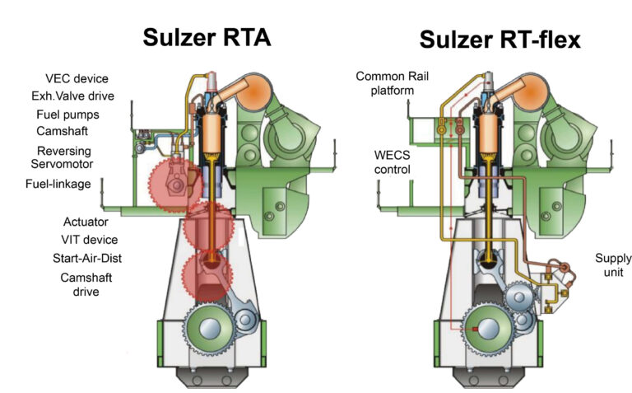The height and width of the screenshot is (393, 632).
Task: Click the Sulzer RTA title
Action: (207, 38)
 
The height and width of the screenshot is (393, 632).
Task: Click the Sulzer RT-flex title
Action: (500, 40)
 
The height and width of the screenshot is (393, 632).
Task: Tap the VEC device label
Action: (77, 78)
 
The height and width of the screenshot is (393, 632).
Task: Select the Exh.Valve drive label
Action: (73, 96)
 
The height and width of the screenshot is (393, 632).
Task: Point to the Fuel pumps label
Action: (67, 115)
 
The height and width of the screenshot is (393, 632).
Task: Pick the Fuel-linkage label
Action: (58, 184)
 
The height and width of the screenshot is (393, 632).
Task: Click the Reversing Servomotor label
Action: (62, 157)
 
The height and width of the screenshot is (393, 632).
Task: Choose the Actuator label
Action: (86, 222)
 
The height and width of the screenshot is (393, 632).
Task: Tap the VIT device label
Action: (90, 240)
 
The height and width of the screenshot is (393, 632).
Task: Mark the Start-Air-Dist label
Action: (87, 258)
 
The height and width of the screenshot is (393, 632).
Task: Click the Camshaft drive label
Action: (86, 284)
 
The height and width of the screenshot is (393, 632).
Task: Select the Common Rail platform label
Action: (393, 83)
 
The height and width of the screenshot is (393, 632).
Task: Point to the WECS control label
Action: (393, 162)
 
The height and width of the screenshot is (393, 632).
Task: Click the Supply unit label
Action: (613, 265)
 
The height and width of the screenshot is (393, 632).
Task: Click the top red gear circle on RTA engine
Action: (176, 185)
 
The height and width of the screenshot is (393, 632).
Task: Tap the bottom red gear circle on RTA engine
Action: (207, 276)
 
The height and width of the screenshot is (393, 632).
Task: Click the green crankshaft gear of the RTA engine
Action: (210, 329)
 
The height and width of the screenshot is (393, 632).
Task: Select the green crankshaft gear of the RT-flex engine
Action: (488, 330)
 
